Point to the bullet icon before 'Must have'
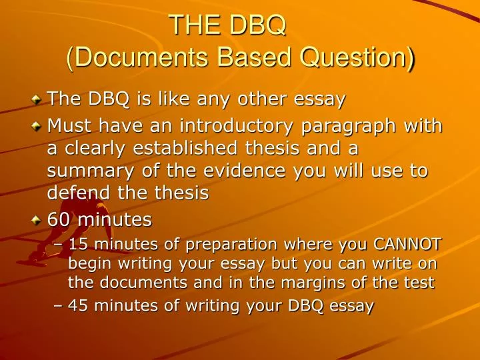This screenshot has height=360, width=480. coord(37,126)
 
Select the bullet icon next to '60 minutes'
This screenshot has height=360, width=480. coord(37,219)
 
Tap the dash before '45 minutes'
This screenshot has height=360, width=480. coord(58,306)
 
